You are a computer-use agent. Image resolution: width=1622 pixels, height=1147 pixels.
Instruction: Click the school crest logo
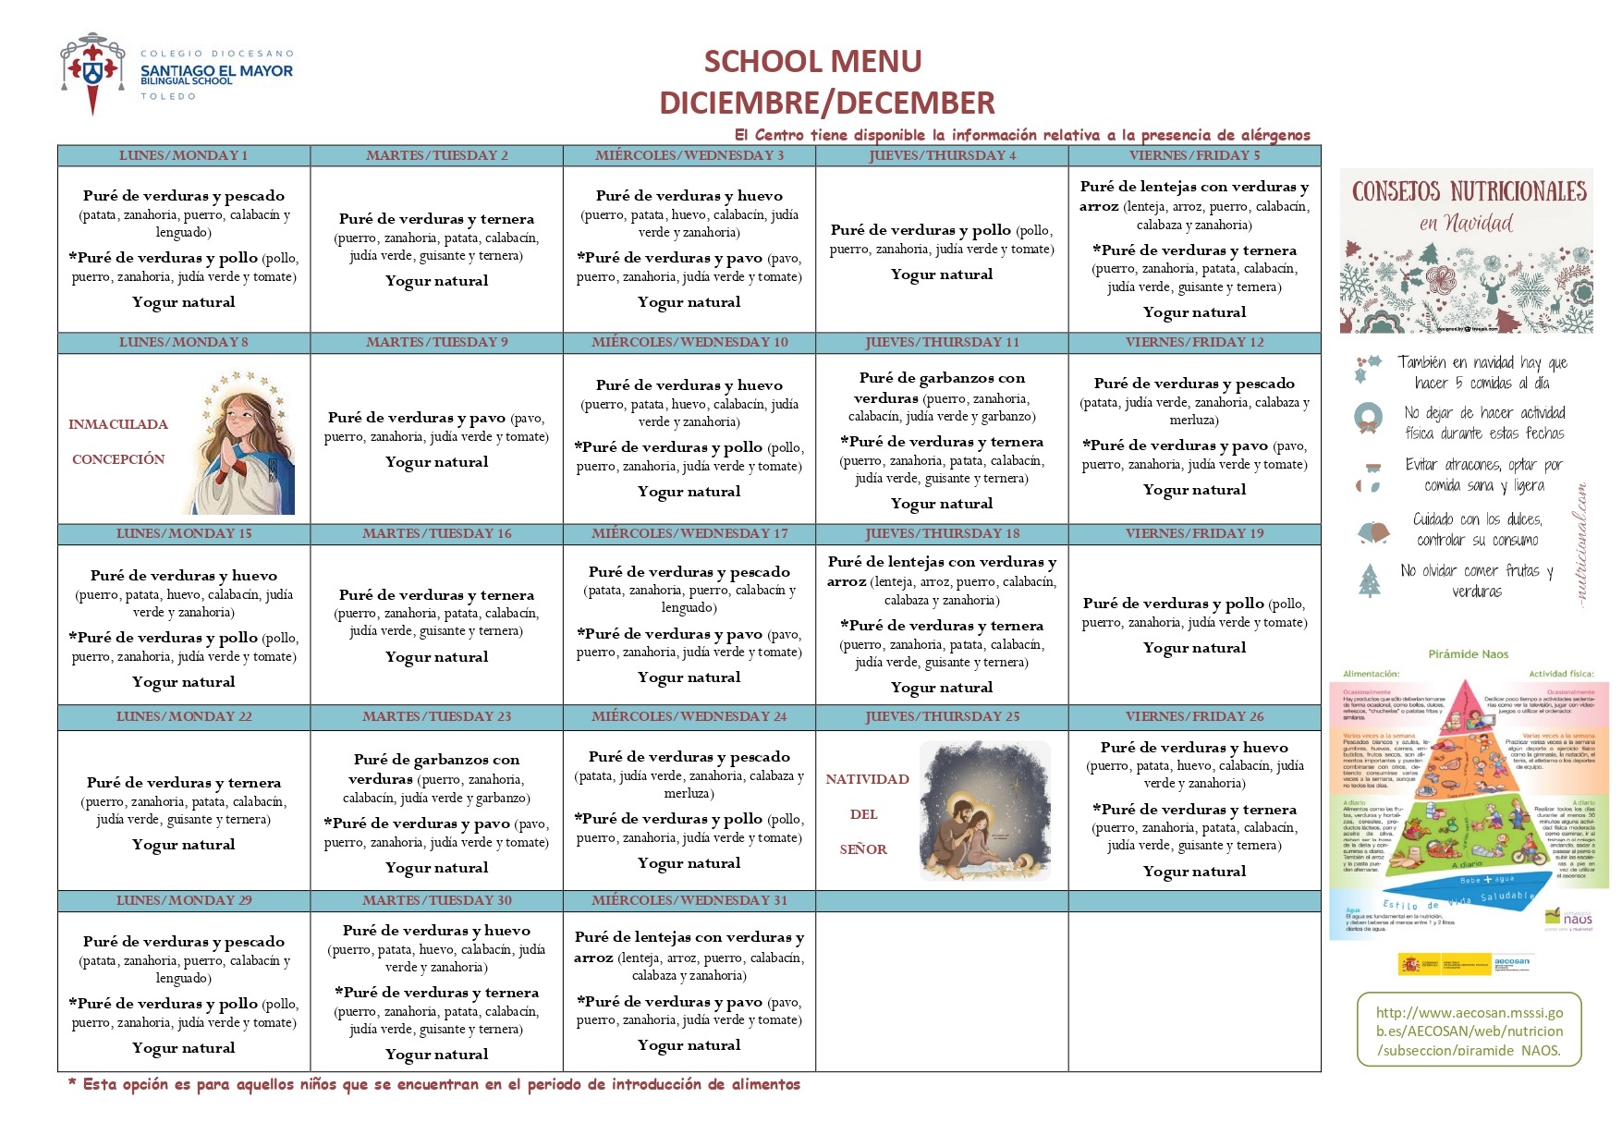point(92,73)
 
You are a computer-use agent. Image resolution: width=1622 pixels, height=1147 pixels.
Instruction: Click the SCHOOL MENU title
point(812,61)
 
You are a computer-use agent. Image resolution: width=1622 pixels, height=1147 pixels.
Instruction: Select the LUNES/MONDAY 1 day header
point(183,155)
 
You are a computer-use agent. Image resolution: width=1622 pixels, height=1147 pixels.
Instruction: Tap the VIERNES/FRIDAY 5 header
point(1194,155)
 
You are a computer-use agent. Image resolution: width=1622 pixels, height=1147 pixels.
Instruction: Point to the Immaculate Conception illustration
point(246,443)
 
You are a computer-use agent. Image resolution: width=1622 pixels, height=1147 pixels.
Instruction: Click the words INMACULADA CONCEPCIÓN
point(118,442)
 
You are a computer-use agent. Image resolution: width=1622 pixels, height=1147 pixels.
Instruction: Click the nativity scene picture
point(986,810)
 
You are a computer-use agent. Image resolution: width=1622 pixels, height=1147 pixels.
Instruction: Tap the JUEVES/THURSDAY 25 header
point(942,716)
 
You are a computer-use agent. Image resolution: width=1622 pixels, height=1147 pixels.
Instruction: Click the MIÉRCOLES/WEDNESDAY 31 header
point(689,900)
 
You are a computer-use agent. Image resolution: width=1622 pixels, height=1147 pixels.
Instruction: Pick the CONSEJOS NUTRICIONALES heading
point(1469,191)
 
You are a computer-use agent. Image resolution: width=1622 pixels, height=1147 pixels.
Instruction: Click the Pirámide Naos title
point(1468,654)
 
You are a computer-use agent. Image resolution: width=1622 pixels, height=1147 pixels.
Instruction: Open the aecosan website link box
point(1469,1031)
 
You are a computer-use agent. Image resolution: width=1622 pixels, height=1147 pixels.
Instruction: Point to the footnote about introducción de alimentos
point(434,1084)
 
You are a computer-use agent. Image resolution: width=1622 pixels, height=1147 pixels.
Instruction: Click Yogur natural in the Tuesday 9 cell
point(436,462)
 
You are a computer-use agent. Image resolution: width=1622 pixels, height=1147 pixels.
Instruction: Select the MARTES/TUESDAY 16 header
point(436,533)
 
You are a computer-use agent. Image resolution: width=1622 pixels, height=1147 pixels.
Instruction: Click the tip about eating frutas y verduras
point(1476,580)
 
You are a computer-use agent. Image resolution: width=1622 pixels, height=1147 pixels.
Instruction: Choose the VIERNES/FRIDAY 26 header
point(1194,716)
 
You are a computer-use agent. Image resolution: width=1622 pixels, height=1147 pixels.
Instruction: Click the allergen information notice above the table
point(1022,135)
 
